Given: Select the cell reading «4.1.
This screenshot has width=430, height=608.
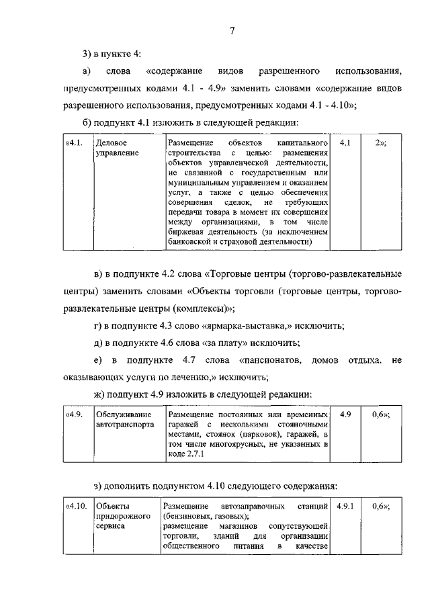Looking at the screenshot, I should click(x=74, y=144).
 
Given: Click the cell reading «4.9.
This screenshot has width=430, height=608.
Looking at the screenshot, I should click(x=74, y=415).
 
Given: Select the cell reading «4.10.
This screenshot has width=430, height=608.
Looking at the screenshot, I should click(x=76, y=505).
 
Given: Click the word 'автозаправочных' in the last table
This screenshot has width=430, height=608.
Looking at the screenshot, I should click(x=253, y=505).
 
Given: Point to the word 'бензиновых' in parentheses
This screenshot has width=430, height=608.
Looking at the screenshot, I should click(x=189, y=515).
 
